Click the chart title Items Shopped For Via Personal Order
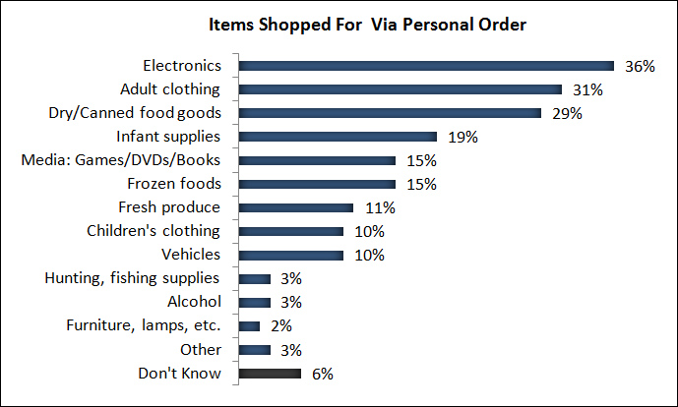(339, 25)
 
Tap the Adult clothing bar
(401, 89)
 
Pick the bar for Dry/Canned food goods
(390, 113)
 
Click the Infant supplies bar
(338, 137)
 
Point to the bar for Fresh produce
(295, 207)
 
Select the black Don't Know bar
(270, 374)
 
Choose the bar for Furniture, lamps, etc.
(249, 326)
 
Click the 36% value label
(640, 66)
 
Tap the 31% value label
(587, 89)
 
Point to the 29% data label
(567, 113)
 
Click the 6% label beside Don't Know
(323, 374)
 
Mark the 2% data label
(280, 326)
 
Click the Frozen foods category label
(175, 184)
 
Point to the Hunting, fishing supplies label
(132, 278)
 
